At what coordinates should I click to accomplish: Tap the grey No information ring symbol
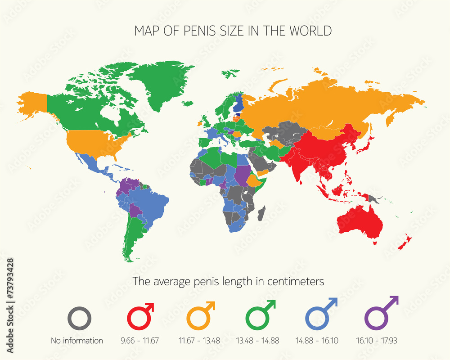click(80, 319)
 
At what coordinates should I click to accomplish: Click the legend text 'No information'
click(76, 341)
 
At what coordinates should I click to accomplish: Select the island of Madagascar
click(261, 213)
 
